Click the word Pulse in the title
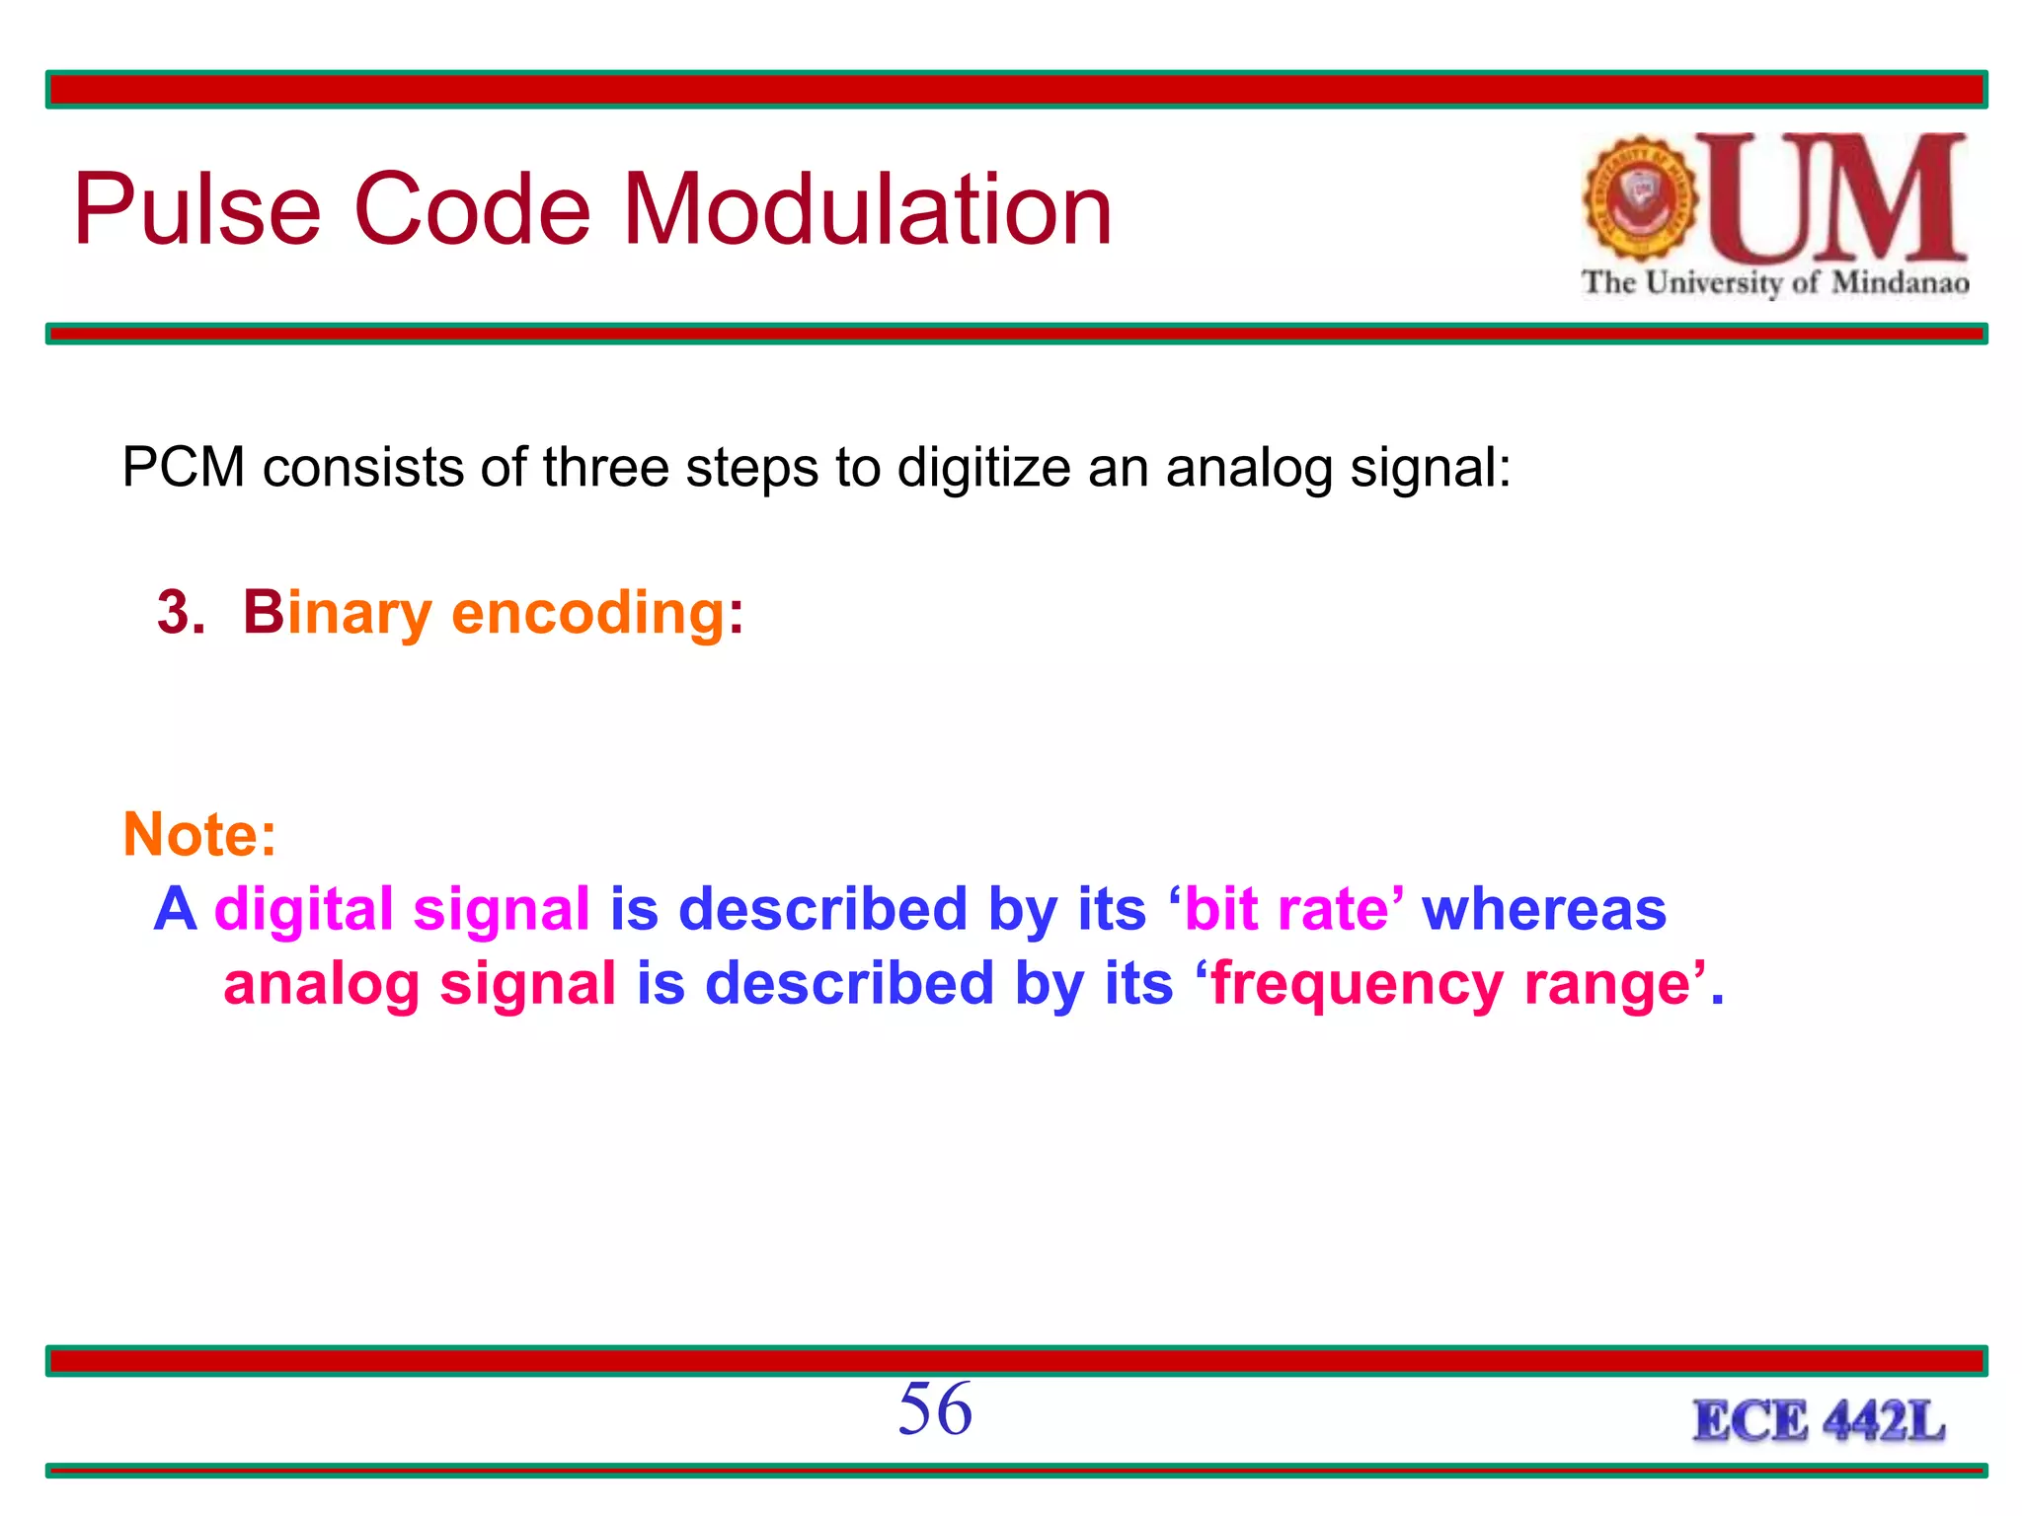click(x=196, y=209)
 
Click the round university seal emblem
click(x=1640, y=198)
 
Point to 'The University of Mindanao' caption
click(x=1774, y=283)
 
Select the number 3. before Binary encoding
click(x=180, y=613)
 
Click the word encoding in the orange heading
click(x=588, y=613)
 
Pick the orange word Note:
click(x=199, y=835)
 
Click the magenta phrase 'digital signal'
click(x=402, y=909)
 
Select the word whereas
click(x=1543, y=909)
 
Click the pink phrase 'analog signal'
click(x=420, y=984)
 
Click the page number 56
click(x=934, y=1408)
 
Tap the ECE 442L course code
click(x=1818, y=1422)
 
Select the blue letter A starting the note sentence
click(x=175, y=909)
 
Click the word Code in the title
click(x=471, y=209)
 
